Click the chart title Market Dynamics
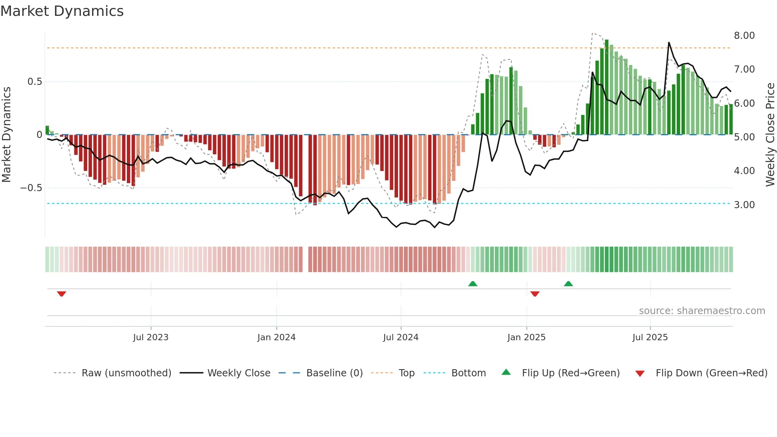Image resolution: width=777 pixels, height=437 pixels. [62, 11]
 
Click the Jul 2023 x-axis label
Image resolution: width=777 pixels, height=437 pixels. [151, 337]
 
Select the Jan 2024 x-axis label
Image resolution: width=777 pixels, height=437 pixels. [276, 337]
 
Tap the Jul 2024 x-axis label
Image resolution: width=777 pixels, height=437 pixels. [401, 337]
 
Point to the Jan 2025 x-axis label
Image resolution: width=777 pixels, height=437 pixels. [526, 337]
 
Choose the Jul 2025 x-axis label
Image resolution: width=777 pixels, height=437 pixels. [650, 337]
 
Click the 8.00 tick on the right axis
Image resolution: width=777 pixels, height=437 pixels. [744, 36]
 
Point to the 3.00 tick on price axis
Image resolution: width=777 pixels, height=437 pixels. [744, 205]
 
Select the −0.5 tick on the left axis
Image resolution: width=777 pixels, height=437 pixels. [31, 188]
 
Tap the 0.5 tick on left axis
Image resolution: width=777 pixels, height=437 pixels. [34, 82]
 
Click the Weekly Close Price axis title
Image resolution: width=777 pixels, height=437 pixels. [770, 135]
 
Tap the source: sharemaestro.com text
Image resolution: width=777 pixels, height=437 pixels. [702, 311]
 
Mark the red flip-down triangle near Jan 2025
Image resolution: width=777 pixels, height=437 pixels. [535, 294]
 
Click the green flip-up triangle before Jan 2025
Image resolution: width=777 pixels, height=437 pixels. [473, 284]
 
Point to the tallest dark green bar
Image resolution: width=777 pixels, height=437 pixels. [607, 87]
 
